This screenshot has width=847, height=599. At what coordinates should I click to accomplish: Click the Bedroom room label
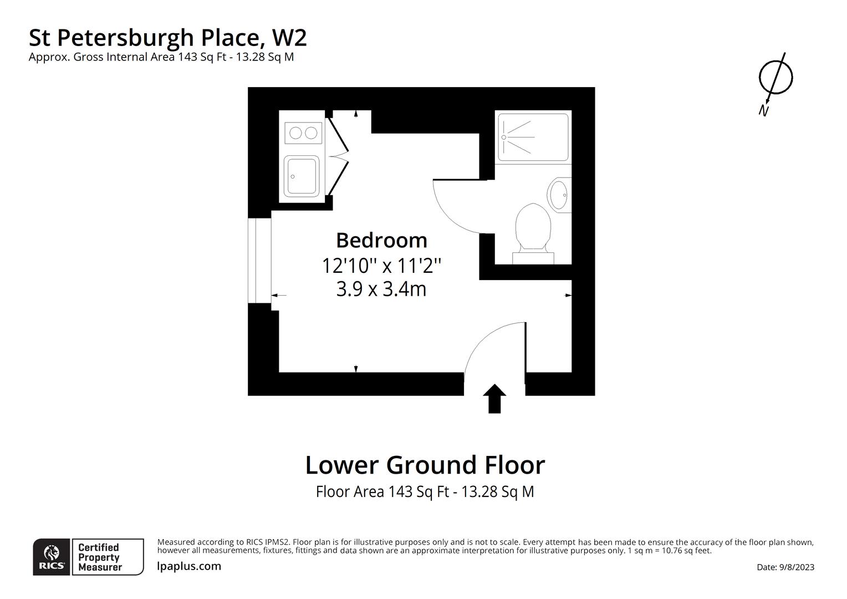point(381,240)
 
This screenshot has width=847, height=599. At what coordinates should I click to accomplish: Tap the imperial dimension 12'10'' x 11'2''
point(381,266)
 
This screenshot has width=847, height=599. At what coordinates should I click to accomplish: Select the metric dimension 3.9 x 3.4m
point(381,290)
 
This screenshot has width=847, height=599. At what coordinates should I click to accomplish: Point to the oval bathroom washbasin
point(559,195)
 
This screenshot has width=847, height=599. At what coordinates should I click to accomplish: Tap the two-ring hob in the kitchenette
point(303,133)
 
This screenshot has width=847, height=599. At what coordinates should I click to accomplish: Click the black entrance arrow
point(494,398)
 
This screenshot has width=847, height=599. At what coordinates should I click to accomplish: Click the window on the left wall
point(259,260)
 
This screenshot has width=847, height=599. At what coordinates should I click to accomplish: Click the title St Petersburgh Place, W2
point(167,38)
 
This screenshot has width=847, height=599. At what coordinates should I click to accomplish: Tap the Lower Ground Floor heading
point(425,465)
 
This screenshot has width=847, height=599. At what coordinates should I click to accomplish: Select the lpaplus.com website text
point(189,566)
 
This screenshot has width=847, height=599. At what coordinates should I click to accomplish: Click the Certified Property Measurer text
point(100,557)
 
